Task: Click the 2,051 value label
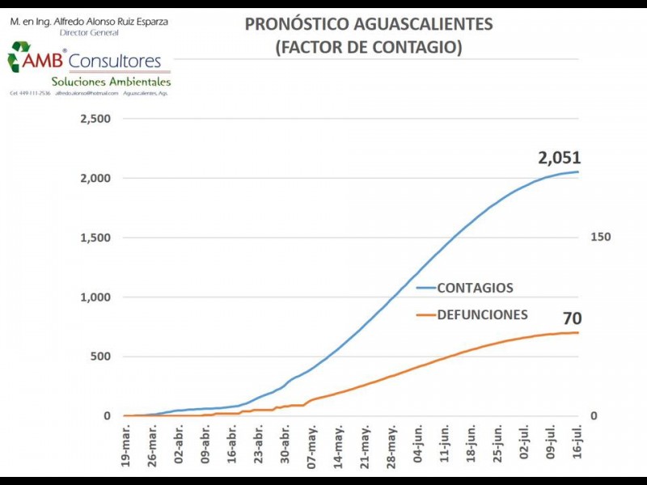pos(560,158)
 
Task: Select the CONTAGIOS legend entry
pos(475,288)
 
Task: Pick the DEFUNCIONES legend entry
pos(482,314)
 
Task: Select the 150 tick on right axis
pos(599,237)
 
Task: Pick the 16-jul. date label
pos(577,444)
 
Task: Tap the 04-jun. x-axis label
pos(418,444)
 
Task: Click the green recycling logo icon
pos(18,57)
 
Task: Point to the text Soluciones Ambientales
pos(111,82)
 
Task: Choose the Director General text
pos(89,32)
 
